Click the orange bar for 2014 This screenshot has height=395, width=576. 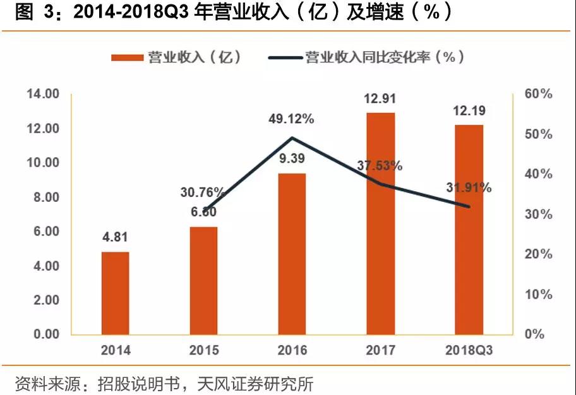(x=116, y=293)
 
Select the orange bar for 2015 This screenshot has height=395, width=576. (x=204, y=280)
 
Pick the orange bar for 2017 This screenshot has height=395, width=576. (x=380, y=223)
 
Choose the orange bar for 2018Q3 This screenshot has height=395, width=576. (x=469, y=230)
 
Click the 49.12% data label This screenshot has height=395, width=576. (x=292, y=119)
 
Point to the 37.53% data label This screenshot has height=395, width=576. (x=380, y=167)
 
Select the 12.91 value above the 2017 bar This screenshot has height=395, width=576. (x=380, y=98)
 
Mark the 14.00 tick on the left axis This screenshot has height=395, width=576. (x=42, y=95)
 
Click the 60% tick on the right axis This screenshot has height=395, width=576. (x=538, y=95)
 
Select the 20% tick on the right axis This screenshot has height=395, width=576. (x=538, y=254)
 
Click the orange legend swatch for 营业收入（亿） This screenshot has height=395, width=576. (x=127, y=57)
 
